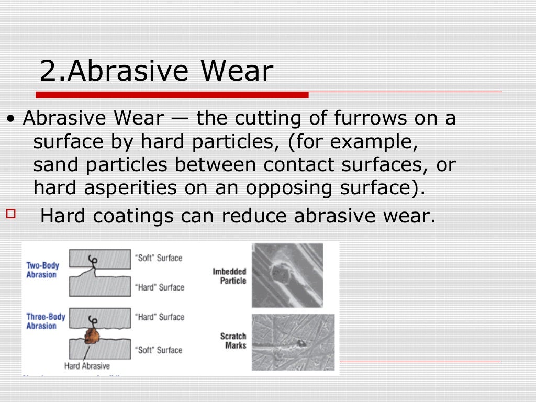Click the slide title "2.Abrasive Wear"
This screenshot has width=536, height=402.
coord(156,71)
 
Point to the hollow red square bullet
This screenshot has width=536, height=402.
coord(12,213)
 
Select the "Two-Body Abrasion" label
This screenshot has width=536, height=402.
coord(43,270)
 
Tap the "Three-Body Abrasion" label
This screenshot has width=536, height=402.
coord(46,321)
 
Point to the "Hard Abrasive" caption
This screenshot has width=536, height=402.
coord(87,366)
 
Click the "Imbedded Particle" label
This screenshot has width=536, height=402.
coord(229,276)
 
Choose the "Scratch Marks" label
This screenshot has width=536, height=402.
coord(233,341)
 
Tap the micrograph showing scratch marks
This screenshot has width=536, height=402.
coord(293,342)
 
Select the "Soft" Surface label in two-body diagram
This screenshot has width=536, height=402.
coord(159,258)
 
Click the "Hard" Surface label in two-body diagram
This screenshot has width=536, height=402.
coord(160,287)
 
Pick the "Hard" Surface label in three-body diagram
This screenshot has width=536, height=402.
coord(160,317)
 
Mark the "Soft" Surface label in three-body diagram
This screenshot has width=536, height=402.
coord(159,350)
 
